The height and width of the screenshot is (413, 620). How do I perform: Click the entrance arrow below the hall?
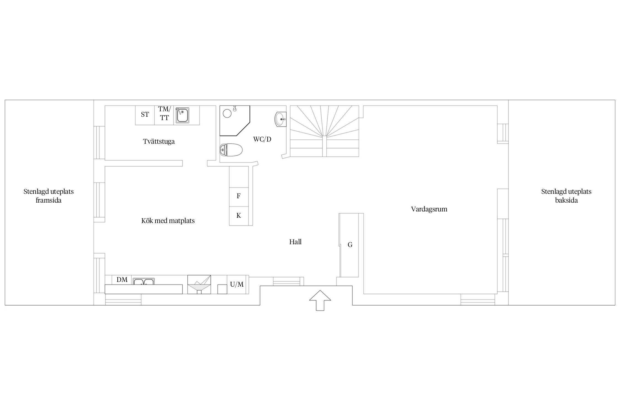tap(320, 300)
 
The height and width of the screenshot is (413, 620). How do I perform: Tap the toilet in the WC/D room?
tap(231, 150)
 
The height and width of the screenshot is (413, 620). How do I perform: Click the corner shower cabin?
tap(234, 121)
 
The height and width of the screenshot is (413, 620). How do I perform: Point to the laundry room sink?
tap(182, 115)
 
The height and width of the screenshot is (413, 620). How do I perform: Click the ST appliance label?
tap(145, 115)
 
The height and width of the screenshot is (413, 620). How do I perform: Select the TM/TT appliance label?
tap(165, 113)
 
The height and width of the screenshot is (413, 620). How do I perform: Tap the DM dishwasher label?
tap(122, 280)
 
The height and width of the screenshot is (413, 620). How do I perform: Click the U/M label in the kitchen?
tap(237, 284)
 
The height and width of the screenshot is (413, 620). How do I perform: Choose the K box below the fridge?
tap(239, 216)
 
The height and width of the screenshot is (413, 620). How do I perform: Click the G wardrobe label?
tap(350, 245)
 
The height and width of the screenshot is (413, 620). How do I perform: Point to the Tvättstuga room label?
tap(159, 142)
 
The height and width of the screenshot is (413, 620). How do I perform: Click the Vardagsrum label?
tap(429, 209)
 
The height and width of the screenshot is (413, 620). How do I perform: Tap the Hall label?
tap(295, 242)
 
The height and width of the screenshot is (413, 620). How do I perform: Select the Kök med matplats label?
tap(168, 221)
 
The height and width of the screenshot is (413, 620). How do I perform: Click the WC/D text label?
tap(262, 139)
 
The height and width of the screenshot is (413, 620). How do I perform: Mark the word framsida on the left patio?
tap(48, 200)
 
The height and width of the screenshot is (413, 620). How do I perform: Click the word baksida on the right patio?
tap(566, 200)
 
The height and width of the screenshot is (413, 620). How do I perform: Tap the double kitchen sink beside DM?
tap(144, 281)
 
